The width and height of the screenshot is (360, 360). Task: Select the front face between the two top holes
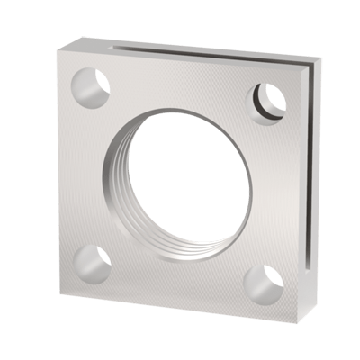[x=180, y=81]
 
